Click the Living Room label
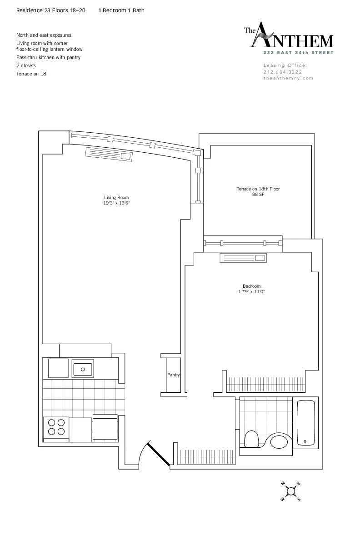pos(116,197)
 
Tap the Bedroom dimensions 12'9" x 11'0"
pos(251,291)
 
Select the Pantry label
pos(173,375)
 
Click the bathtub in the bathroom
pos(305,423)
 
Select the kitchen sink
pos(83,368)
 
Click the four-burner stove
pos(56,427)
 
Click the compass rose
pos(291,490)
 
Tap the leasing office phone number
pos(283,72)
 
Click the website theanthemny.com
pos(288,78)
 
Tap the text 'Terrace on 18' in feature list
pos(31,74)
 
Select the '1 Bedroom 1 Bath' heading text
pos(121,10)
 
